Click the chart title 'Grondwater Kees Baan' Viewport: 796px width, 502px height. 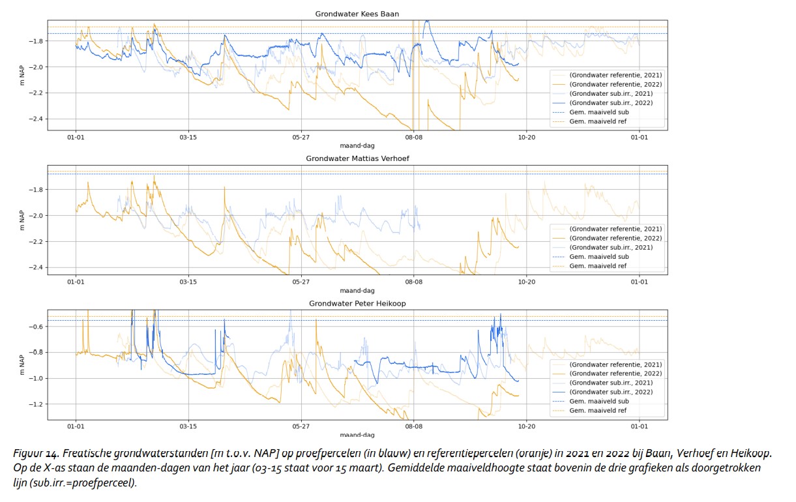(x=357, y=14)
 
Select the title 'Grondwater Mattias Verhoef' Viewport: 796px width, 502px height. (x=357, y=158)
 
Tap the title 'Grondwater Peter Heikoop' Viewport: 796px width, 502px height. (x=357, y=303)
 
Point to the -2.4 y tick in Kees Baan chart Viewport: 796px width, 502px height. (x=35, y=119)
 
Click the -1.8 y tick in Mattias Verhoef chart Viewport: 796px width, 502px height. (x=35, y=190)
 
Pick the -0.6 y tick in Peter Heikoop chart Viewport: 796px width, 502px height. (x=35, y=327)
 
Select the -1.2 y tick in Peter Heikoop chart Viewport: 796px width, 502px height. (x=35, y=404)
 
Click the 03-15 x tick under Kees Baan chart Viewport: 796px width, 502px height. (x=188, y=137)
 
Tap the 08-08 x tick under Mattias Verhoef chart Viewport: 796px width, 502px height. (x=414, y=282)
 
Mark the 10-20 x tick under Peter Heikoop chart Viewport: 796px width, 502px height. (x=527, y=426)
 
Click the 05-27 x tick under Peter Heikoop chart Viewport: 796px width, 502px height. (x=301, y=426)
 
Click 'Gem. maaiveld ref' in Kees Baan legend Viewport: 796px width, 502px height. (x=598, y=121)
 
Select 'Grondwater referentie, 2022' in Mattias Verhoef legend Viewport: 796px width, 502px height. (x=615, y=238)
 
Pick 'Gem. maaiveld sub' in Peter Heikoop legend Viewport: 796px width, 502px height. (x=598, y=402)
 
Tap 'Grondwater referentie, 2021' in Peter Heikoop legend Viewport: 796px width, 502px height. (x=615, y=364)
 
